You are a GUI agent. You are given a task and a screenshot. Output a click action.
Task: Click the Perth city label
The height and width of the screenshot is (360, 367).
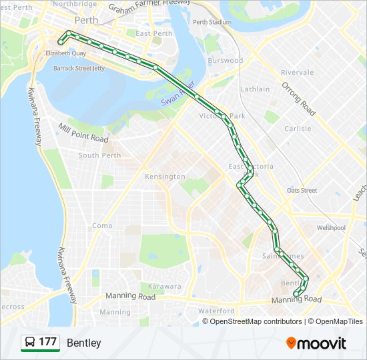86,20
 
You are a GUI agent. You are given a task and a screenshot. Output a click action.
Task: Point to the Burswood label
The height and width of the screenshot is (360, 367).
226,60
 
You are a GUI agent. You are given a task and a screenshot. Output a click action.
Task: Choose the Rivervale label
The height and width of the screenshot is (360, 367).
297,72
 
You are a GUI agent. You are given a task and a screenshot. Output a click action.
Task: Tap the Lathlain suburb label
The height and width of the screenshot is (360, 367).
256,89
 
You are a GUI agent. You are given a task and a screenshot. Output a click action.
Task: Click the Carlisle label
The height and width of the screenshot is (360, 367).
298,129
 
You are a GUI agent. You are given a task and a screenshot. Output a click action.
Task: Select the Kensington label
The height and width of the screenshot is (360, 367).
165,177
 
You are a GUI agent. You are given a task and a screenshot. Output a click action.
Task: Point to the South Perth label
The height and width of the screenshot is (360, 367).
99,155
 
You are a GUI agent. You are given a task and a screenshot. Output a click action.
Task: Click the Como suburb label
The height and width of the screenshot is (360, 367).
102,225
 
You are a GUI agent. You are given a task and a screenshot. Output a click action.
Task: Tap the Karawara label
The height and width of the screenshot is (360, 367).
164,286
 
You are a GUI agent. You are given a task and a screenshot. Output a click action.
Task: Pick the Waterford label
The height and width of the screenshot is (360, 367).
216,311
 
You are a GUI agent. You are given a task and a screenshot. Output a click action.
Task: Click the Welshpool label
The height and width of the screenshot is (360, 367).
331,227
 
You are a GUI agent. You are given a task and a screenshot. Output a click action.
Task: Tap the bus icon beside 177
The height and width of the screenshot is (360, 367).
30,343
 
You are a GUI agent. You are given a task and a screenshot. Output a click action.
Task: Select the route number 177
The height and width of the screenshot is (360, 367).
47,343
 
